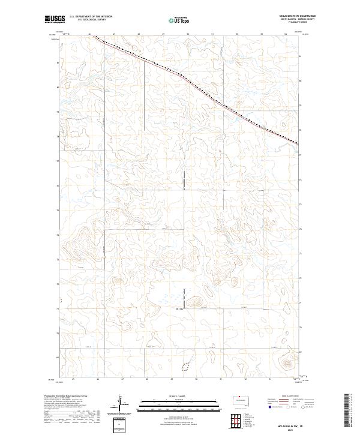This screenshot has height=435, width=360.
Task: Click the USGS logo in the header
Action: (x=55, y=19)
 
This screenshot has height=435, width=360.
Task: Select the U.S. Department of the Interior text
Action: (x=91, y=16)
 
